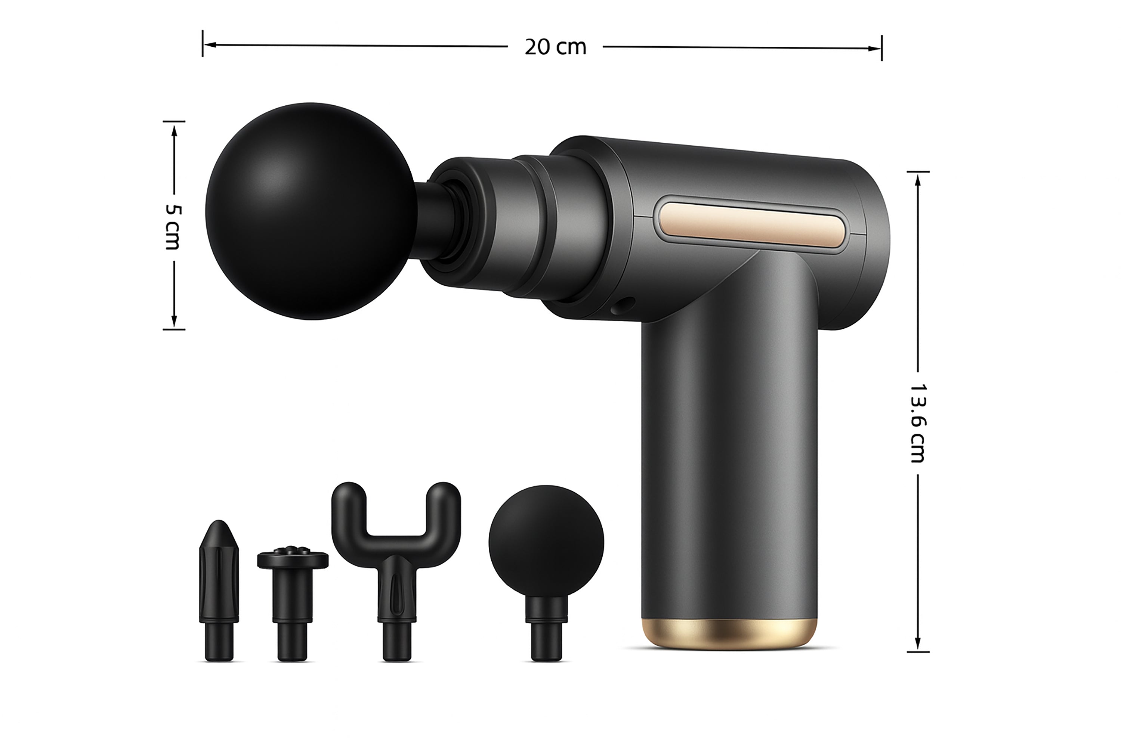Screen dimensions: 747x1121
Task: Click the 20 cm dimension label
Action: [x=555, y=47]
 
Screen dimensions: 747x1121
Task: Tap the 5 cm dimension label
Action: [x=173, y=227]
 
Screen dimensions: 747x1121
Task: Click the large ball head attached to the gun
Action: [x=311, y=211]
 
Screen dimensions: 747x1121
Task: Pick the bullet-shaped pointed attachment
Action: [x=219, y=591]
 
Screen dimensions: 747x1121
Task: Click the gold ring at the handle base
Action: [x=729, y=633]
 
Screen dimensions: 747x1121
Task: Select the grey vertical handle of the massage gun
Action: [x=729, y=453]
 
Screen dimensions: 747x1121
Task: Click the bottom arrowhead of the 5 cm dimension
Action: [x=174, y=323]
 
